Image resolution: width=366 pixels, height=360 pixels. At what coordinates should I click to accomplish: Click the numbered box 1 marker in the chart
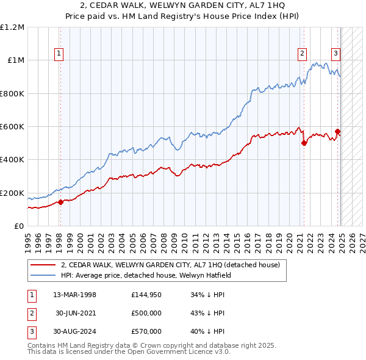(x=59, y=54)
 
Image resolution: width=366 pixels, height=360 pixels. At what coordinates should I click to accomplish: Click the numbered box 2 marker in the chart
(x=302, y=54)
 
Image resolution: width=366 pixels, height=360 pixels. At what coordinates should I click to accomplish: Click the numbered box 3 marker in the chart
(x=335, y=54)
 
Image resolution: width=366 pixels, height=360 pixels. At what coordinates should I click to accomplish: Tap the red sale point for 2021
(x=304, y=143)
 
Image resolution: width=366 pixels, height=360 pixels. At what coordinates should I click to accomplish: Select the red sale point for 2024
(x=337, y=131)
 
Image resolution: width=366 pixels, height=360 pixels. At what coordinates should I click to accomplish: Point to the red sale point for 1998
(x=60, y=202)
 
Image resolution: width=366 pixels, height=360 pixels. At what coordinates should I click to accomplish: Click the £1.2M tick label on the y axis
(x=12, y=27)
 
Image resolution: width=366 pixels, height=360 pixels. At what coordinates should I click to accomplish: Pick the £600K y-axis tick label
(x=12, y=127)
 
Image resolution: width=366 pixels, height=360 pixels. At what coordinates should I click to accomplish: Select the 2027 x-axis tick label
(x=362, y=240)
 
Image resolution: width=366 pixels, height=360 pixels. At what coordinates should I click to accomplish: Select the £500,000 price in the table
(x=146, y=313)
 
